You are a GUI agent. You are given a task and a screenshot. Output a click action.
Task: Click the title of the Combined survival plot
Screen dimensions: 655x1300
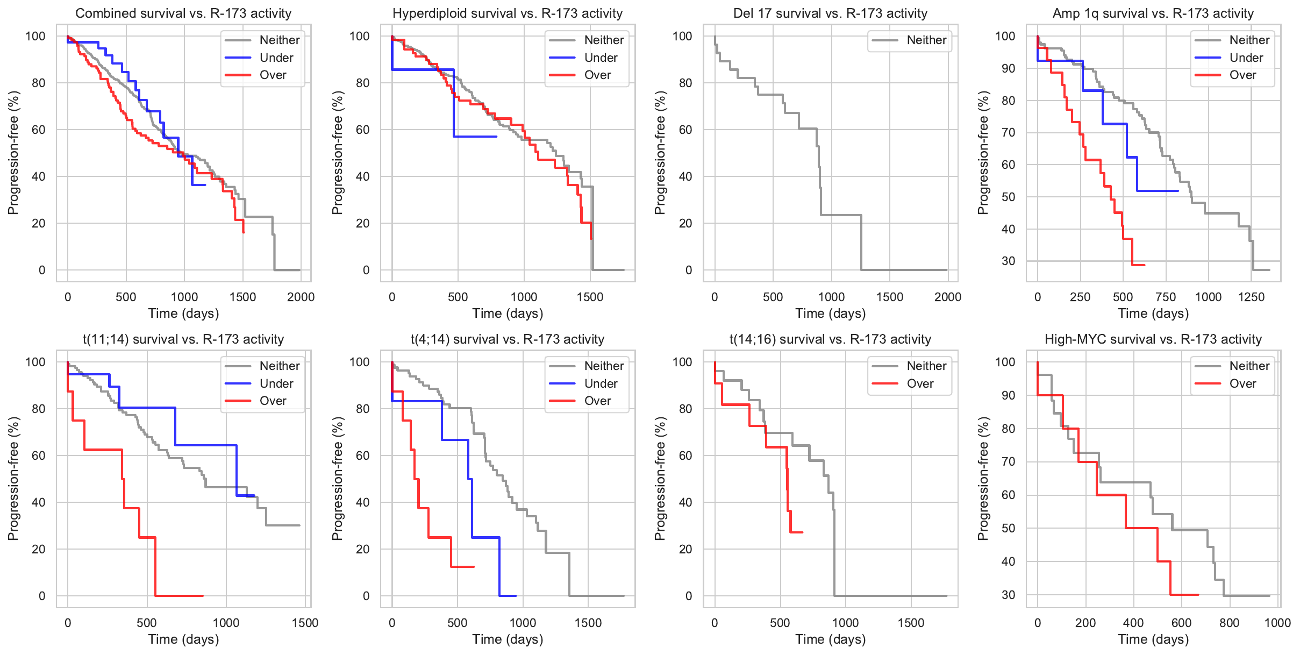tap(183, 13)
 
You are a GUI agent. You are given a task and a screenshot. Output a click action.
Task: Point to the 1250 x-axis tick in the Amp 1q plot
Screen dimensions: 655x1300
tap(1251, 297)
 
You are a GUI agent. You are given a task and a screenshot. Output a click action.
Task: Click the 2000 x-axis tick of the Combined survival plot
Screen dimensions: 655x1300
tap(301, 297)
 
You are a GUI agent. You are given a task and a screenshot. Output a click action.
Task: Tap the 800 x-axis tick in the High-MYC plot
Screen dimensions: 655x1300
tap(1229, 623)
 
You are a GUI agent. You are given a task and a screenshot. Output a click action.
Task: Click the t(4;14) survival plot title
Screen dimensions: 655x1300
tap(508, 339)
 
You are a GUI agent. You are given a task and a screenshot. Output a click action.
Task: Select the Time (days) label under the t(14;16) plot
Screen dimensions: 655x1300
tap(830, 639)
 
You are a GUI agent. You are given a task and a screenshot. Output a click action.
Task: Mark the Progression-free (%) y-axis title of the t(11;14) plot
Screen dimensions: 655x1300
tap(13, 479)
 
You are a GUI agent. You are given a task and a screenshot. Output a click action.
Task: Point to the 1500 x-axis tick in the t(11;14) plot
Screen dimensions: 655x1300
tap(305, 623)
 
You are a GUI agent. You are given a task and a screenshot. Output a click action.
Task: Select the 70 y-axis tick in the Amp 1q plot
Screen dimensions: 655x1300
tap(1009, 133)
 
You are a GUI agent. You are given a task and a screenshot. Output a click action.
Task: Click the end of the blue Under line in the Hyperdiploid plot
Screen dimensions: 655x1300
tap(496, 137)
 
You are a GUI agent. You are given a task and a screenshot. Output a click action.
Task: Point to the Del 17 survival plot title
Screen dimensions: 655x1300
tap(830, 13)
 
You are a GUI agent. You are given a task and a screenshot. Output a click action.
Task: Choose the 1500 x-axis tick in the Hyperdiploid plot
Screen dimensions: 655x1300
tap(590, 297)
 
